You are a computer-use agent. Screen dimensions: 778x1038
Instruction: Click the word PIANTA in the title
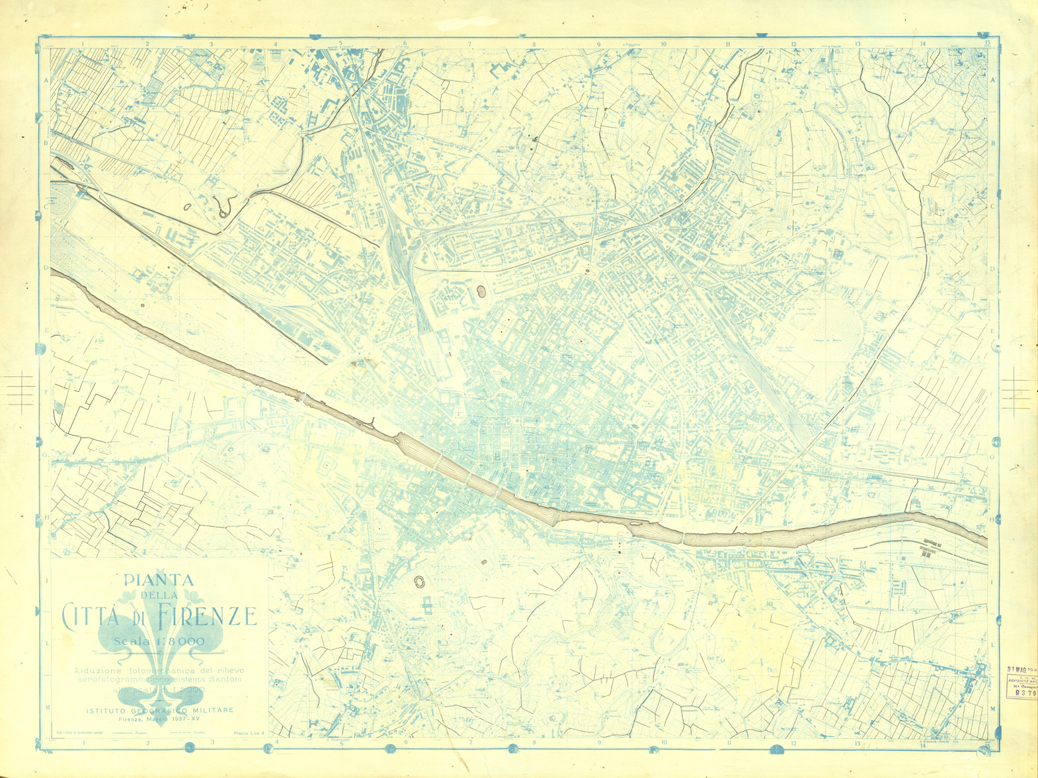(x=159, y=581)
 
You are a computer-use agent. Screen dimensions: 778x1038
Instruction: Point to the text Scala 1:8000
(x=159, y=642)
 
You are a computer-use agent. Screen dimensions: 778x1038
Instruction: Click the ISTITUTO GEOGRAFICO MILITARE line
(x=159, y=711)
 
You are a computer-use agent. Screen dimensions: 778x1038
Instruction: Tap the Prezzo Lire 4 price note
(x=249, y=733)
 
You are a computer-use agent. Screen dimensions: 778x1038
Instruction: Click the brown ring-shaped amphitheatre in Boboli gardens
(x=419, y=582)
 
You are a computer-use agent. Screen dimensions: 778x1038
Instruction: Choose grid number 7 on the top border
(x=470, y=45)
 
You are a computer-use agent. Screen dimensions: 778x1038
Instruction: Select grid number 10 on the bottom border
(x=663, y=744)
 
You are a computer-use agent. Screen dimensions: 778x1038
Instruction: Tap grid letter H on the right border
(x=992, y=519)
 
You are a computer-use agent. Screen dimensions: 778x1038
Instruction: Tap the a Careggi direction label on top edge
(x=401, y=46)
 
